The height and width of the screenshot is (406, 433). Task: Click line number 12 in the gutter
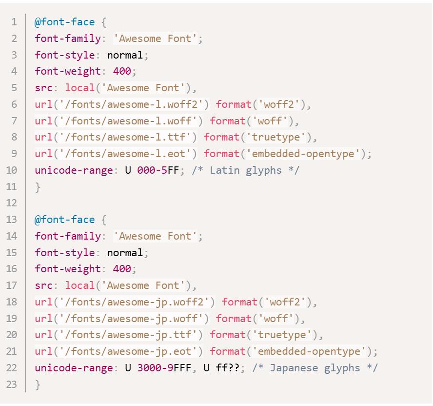coord(11,203)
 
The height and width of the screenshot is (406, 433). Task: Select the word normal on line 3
coord(125,55)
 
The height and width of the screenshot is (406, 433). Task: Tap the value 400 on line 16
coord(122,269)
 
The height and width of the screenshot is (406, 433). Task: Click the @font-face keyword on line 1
coord(65,22)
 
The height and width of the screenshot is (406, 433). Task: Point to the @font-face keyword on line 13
coord(65,220)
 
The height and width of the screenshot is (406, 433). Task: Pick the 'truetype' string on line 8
coord(276,137)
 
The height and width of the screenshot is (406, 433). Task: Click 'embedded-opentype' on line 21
coord(309,351)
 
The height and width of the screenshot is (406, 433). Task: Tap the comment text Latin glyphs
coord(245,170)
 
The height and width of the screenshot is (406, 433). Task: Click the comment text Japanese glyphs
coord(315,368)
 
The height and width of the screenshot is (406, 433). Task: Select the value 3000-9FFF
coord(164,368)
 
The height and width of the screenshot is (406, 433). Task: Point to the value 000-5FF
coord(158,170)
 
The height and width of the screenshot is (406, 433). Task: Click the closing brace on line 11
coord(38,187)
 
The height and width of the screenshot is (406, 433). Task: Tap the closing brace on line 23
coord(38,385)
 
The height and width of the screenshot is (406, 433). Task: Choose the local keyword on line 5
coord(80,88)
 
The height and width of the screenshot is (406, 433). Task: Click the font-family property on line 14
coord(68,236)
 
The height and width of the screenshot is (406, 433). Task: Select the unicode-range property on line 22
coord(74,368)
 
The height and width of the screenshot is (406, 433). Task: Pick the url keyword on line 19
coord(43,318)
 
